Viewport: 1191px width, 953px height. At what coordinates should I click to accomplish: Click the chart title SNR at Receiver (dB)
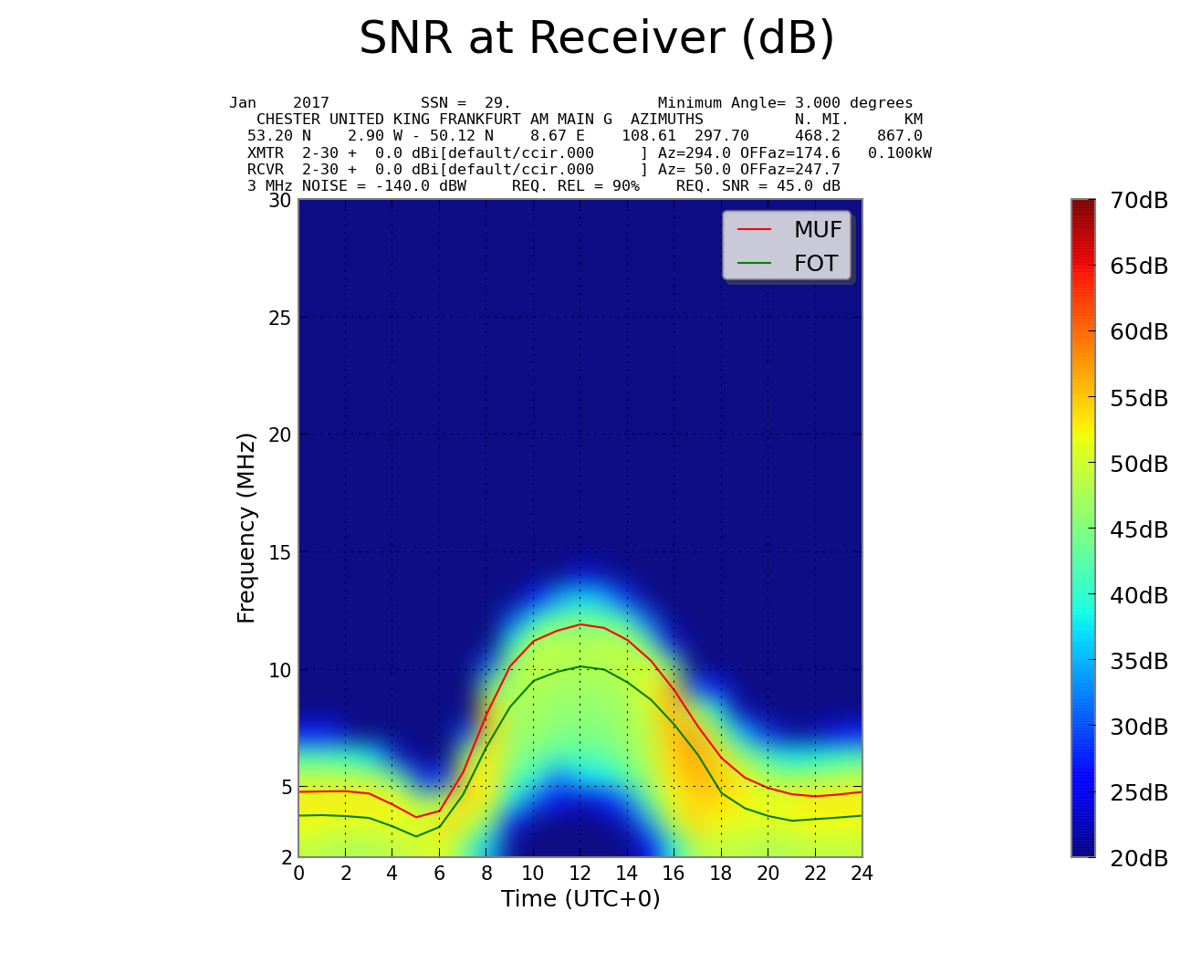597,39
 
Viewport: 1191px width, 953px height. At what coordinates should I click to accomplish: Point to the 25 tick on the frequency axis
279,318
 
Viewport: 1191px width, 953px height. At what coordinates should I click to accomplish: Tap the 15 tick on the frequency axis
279,552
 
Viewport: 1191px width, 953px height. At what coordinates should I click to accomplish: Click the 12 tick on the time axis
580,874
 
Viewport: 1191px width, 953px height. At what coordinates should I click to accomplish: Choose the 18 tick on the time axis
721,874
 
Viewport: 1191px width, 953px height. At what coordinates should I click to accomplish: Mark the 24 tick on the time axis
862,874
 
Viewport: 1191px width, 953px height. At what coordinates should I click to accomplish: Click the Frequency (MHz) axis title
246,528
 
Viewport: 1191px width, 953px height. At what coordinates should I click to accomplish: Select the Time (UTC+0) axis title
580,899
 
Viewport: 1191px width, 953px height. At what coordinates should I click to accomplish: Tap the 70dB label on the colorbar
1138,201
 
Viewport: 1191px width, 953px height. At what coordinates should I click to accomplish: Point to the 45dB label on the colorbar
1138,529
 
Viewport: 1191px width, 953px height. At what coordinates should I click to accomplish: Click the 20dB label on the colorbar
1138,858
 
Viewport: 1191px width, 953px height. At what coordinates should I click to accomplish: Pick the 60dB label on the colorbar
1138,332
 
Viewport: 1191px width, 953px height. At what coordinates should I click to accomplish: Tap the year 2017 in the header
311,103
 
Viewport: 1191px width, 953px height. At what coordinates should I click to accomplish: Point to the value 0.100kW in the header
900,152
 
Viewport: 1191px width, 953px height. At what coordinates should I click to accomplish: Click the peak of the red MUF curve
580,624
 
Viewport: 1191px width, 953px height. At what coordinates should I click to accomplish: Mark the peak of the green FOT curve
580,666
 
